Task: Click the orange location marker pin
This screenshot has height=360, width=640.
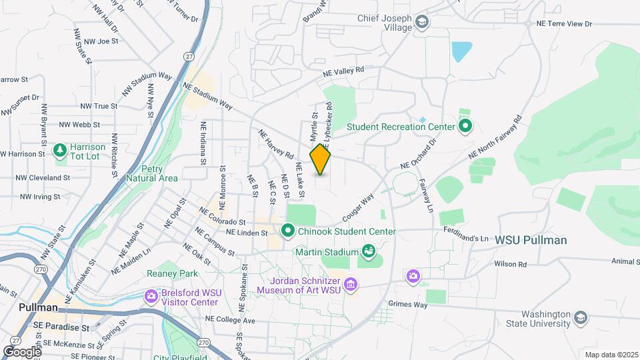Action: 321,159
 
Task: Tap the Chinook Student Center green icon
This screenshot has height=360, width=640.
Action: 288,231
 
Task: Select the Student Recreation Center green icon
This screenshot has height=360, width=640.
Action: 465,125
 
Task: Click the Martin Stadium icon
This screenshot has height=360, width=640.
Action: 367,251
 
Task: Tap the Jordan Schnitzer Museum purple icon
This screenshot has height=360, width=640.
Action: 351,285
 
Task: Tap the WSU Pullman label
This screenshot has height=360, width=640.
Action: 531,240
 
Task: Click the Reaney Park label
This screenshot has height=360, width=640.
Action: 173,273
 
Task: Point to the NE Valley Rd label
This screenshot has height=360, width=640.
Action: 344,71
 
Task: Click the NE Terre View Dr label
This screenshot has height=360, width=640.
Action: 564,23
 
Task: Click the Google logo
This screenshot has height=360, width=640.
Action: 21,351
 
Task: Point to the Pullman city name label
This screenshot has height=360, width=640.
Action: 38,307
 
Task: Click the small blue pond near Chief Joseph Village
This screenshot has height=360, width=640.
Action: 461,51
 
